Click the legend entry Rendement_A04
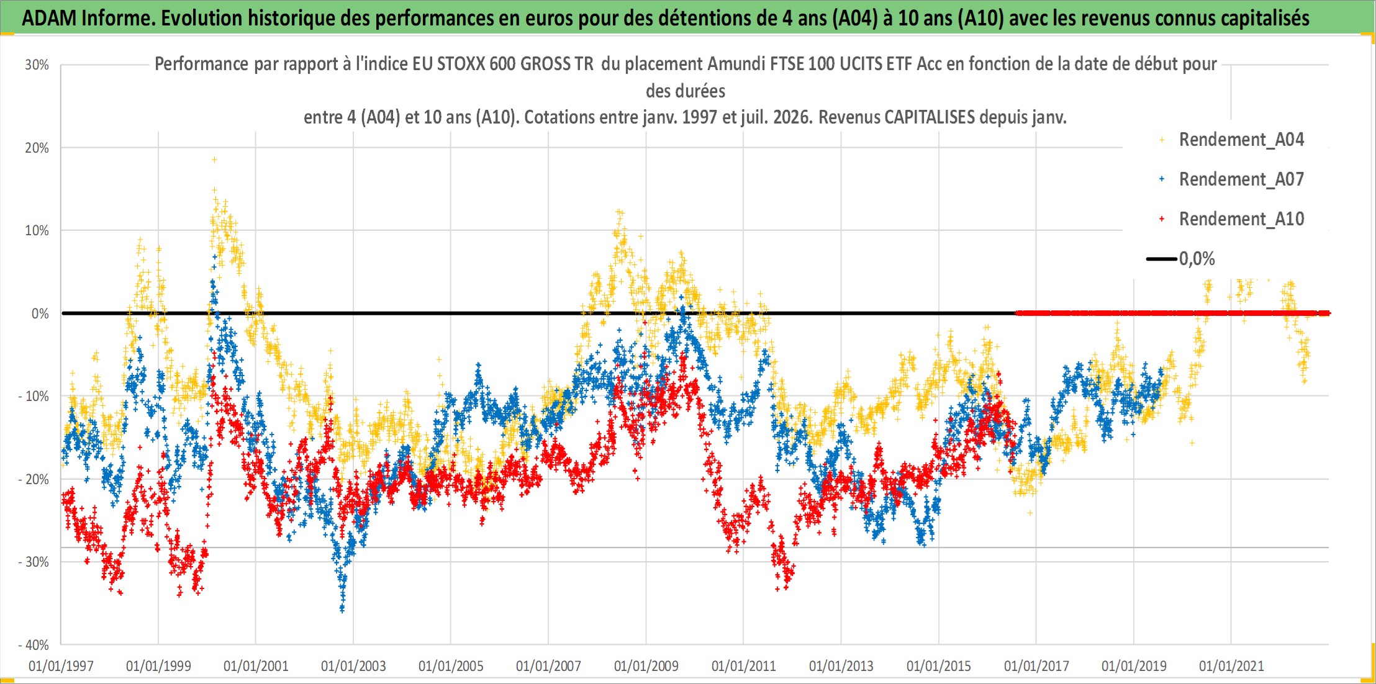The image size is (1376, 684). pos(1241,140)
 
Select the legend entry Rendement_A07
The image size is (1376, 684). pos(1241,179)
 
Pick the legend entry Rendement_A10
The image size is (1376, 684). pos(1241,219)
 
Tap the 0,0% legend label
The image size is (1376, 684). pos(1197,259)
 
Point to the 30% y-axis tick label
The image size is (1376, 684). pos(37,65)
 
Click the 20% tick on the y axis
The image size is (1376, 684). pos(37,148)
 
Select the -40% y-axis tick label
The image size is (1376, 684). pos(34,645)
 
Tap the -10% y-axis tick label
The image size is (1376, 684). pos(34,396)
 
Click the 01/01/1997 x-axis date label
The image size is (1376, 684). pos(61,666)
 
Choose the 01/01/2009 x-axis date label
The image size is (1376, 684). pos(646,666)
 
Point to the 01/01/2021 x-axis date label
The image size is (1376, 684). pos(1231,666)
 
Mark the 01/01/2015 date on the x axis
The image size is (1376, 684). pos(939,666)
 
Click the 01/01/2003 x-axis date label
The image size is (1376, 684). pos(353,666)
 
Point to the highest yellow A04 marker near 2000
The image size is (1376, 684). pos(214,160)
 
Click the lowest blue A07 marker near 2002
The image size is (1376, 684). pos(342,610)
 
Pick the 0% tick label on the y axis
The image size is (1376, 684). pos(40,313)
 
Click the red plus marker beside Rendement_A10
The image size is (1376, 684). pos(1162,219)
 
